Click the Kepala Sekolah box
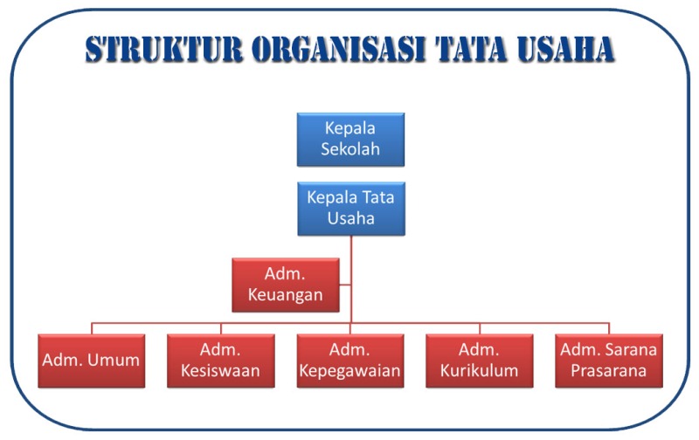(350, 139)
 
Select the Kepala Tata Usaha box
(350, 209)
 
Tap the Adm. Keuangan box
(286, 285)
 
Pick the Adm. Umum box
(92, 361)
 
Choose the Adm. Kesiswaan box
(221, 361)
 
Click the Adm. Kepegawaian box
(350, 361)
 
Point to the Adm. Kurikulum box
(480, 361)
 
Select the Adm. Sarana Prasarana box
(609, 361)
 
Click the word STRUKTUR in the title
(165, 51)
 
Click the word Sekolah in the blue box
(350, 149)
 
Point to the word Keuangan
(286, 295)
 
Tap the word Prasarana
(609, 371)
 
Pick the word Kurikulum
(480, 371)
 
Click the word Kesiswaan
(221, 371)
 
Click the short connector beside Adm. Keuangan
(345, 285)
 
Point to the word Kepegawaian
(350, 371)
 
